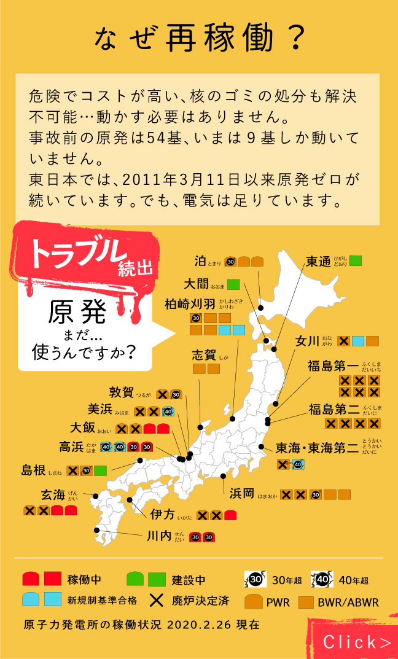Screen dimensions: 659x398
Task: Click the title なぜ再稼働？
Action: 199,38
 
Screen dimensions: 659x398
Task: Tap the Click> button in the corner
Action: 357,642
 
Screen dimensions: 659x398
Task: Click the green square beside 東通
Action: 356,260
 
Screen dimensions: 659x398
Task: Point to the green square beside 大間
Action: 233,284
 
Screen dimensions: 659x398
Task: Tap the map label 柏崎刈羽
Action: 190,304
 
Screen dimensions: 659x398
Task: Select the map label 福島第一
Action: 333,367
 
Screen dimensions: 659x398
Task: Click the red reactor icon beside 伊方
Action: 230,515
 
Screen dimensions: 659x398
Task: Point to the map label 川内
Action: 159,536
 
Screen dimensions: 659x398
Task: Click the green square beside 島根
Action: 101,470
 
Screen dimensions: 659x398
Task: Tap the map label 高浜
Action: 71,447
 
